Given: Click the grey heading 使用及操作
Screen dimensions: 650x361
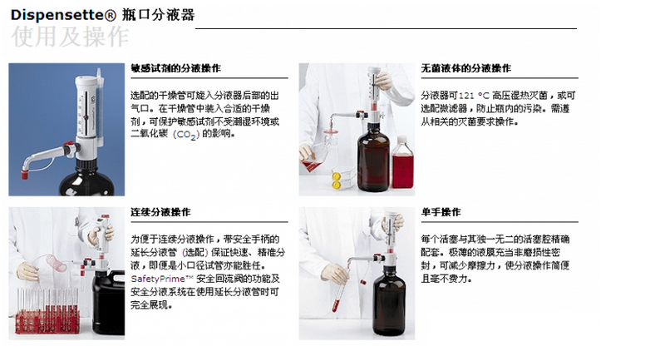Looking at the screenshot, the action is pyautogui.click(x=70, y=37).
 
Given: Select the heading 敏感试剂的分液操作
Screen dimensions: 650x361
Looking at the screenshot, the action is pyautogui.click(x=175, y=68).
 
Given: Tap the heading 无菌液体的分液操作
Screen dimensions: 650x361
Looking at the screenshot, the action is pyautogui.click(x=466, y=68).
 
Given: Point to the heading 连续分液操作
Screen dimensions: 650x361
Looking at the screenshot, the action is pyautogui.click(x=160, y=212).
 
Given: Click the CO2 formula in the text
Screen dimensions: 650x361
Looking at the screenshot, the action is pyautogui.click(x=186, y=135).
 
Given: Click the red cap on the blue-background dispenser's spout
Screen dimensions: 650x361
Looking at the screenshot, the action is pyautogui.click(x=25, y=175).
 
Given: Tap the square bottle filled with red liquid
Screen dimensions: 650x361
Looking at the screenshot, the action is pyautogui.click(x=402, y=162).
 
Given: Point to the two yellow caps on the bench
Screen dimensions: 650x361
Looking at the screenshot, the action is pyautogui.click(x=336, y=180).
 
